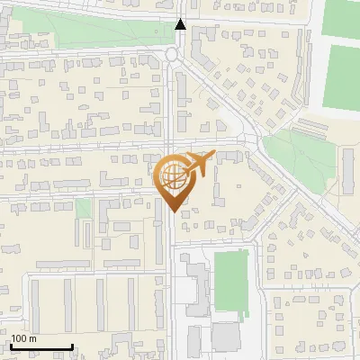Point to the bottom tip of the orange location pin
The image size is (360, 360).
pos(171,211)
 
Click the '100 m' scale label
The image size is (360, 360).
pos(23,338)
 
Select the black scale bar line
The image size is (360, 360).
pos(41,346)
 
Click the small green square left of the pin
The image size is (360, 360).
pos(84,208)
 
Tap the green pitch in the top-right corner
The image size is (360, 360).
pos(339,18)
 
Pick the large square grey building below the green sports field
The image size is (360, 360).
pos(226,337)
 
